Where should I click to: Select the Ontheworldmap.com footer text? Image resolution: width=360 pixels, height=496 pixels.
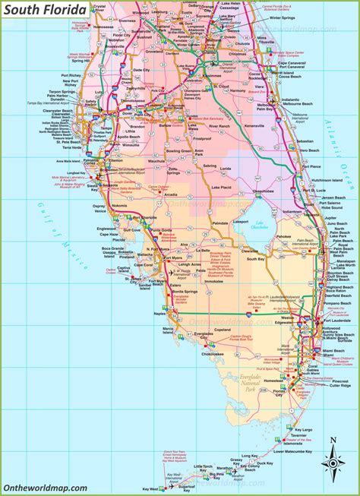45,488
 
